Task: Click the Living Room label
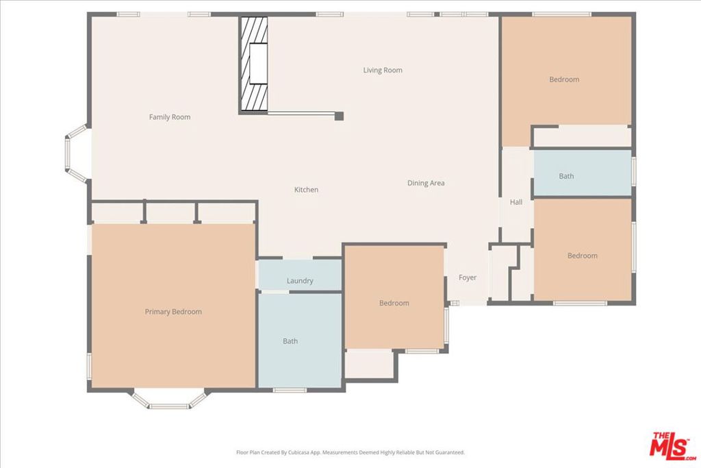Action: tap(383, 71)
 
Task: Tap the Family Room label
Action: tap(170, 117)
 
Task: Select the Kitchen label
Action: tap(306, 190)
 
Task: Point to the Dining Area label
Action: tap(426, 183)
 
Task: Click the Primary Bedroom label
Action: tap(173, 312)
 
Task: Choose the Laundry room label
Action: tap(300, 281)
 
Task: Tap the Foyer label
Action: tap(468, 278)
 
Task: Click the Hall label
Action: tap(516, 202)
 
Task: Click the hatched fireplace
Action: tap(254, 64)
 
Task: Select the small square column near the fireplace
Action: tap(340, 116)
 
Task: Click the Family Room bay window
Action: tap(76, 154)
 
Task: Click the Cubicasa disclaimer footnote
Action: tap(350, 452)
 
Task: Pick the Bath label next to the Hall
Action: tap(566, 176)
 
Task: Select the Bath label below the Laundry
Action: tap(290, 341)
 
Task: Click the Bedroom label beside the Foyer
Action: tap(394, 304)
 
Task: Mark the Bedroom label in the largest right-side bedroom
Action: tap(564, 79)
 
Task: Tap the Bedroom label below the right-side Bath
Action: tap(583, 256)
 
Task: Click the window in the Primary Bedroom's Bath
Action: tap(290, 390)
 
